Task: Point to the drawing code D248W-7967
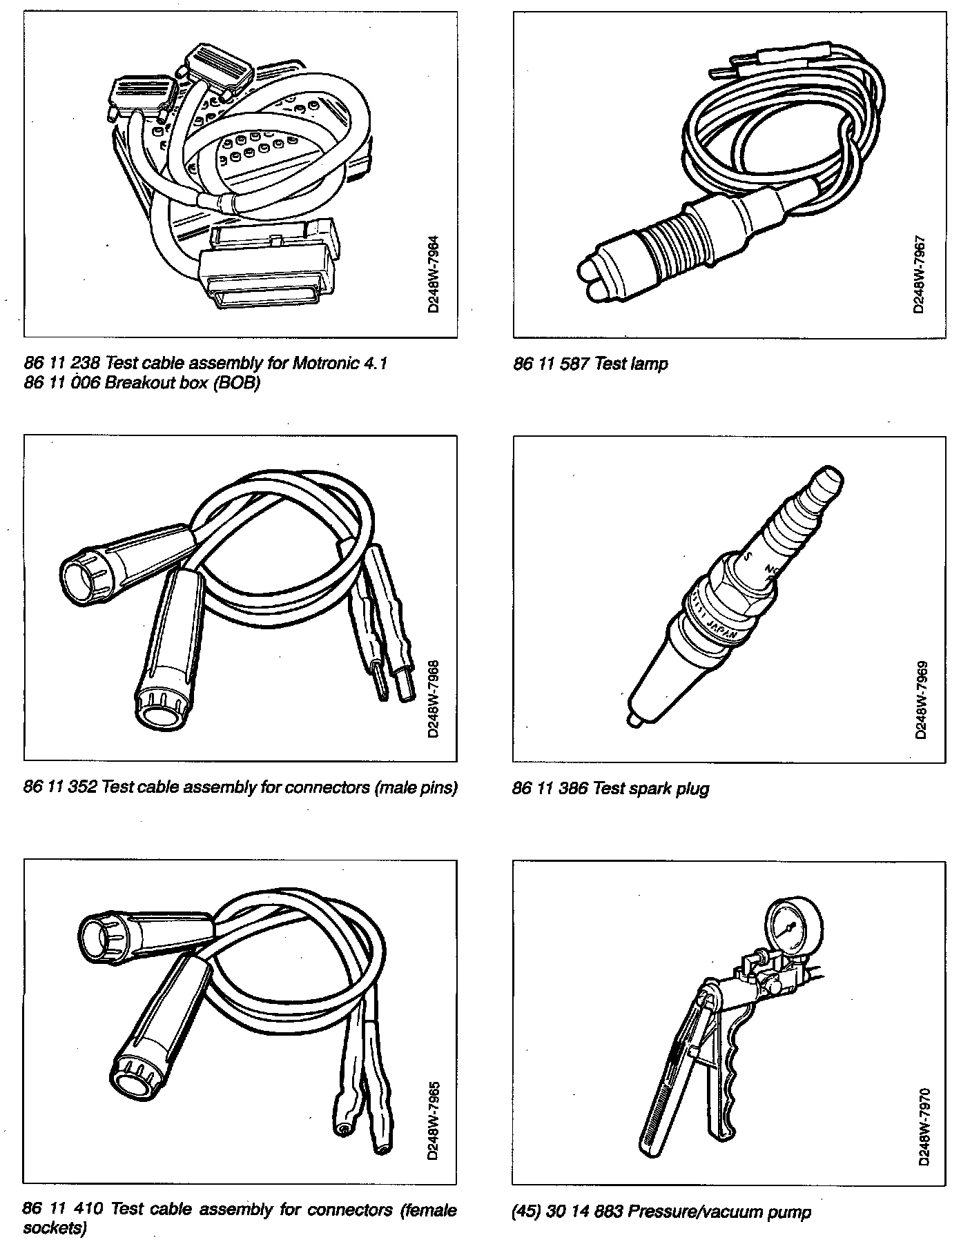(x=919, y=275)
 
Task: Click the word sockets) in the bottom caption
(x=55, y=1229)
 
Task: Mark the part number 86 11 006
(x=61, y=383)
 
